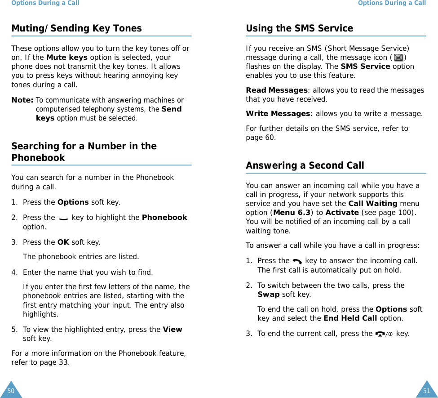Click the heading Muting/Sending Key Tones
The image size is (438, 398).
pos(76,28)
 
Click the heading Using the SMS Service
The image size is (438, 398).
pos(299,28)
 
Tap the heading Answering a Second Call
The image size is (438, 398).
pos(305,165)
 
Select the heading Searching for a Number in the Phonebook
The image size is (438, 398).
pos(84,152)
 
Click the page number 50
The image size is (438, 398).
pos(11,391)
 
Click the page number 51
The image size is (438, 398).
pos(426,391)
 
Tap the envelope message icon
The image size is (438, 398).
pos(398,58)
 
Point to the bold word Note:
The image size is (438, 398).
pos(22,100)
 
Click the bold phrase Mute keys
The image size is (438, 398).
pos(67,58)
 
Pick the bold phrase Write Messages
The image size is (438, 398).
pos(278,114)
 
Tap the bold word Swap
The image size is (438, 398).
pos(268,295)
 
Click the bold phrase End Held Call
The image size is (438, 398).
pos(350,318)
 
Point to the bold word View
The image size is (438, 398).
pos(173,330)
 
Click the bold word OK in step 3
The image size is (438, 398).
pos(63,242)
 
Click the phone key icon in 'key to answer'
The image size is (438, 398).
pos(297,261)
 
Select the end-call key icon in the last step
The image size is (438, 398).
pos(384,334)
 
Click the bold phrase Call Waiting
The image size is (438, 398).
pos(373,203)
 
